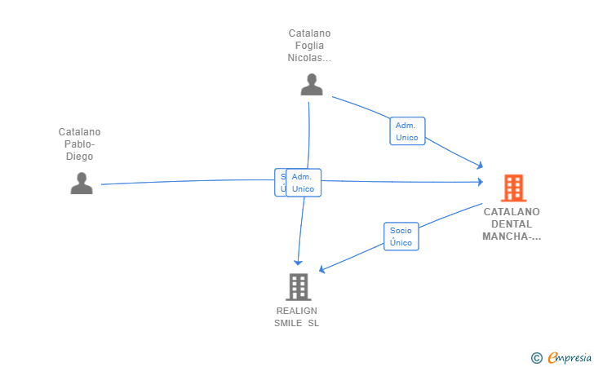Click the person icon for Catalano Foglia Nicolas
[x=311, y=85]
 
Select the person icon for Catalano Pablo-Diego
[x=82, y=183]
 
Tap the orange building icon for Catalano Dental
[x=512, y=188]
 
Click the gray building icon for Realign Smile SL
[x=298, y=287]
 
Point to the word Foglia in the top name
[x=309, y=46]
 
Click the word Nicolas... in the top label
[x=309, y=58]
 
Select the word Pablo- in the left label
[x=79, y=144]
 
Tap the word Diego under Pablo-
[x=79, y=157]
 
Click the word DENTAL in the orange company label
[x=512, y=224]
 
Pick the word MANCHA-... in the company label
[x=512, y=237]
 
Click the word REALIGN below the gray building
[x=297, y=311]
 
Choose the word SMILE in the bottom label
[x=289, y=323]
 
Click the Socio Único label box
[x=401, y=237]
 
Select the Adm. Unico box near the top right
[x=406, y=131]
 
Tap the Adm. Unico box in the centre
[x=304, y=183]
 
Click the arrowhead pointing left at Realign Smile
[x=322, y=269]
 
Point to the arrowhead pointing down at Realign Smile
[x=299, y=262]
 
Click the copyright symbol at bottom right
[x=536, y=357]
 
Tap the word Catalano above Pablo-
[x=79, y=132]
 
